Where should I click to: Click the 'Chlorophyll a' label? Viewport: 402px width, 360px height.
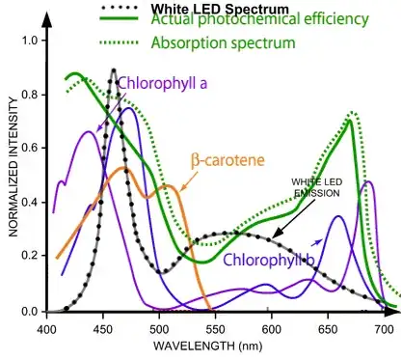[x=162, y=82]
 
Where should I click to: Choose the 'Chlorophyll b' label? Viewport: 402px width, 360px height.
[x=270, y=260]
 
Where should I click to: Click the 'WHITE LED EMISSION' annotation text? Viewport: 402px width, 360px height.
[x=317, y=187]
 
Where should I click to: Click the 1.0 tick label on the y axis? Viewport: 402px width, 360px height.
[x=29, y=41]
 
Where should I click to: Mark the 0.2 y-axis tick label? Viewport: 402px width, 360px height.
[x=29, y=258]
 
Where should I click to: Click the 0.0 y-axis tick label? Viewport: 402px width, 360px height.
[x=29, y=313]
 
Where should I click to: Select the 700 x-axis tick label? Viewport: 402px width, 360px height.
[x=384, y=329]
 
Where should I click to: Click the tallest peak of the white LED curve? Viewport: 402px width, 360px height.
[x=115, y=70]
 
